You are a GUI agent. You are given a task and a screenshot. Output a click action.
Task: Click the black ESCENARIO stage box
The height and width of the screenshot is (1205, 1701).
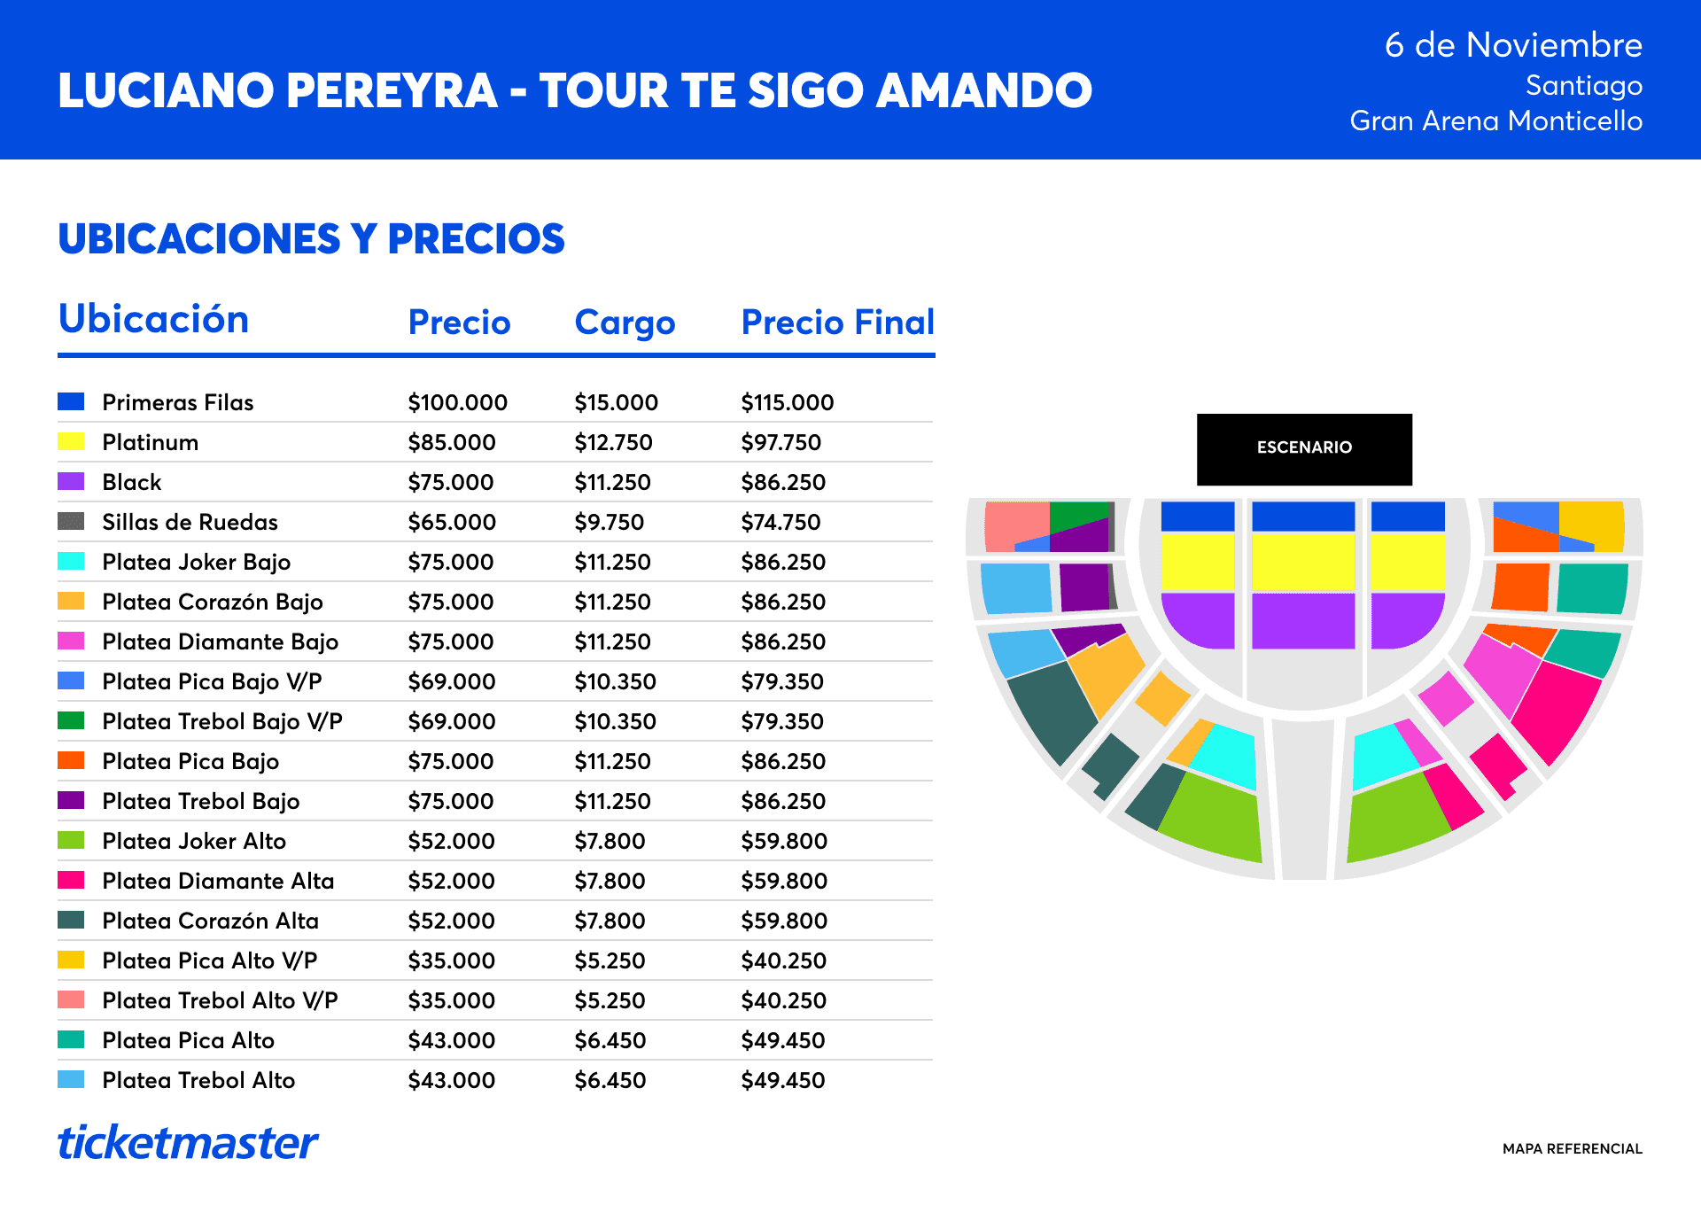(1304, 449)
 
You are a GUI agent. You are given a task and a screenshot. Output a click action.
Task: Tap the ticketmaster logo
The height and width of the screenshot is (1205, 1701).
(188, 1143)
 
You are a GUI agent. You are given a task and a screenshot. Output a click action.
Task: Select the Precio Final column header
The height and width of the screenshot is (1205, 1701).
(838, 323)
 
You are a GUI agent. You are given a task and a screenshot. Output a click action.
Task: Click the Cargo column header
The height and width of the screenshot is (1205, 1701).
(625, 323)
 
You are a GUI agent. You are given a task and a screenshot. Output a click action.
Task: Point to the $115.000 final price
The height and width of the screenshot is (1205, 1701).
(788, 402)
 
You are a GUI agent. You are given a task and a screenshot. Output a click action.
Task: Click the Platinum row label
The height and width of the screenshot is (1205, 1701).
(151, 442)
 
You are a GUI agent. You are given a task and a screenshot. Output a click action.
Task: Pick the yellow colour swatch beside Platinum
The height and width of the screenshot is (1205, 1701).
(71, 441)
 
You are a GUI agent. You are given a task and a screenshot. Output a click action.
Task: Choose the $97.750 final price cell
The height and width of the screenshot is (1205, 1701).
(781, 442)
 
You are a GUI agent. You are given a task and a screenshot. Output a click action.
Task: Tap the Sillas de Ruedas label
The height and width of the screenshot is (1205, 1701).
(190, 522)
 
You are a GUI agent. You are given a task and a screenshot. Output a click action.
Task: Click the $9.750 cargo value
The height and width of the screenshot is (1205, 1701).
(610, 522)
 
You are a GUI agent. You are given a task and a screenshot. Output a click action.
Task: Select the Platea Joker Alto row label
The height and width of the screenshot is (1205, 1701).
(194, 841)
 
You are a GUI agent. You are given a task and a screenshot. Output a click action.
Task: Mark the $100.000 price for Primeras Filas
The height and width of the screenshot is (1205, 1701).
(458, 402)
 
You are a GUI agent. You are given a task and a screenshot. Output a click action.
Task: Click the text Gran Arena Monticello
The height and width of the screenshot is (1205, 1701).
(1496, 120)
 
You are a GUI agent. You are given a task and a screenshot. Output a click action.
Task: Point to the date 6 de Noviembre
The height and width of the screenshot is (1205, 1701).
(1514, 45)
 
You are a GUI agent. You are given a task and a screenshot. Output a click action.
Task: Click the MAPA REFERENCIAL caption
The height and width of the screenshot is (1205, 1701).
(1573, 1149)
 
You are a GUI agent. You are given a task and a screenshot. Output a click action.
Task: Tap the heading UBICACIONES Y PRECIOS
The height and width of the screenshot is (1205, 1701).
(311, 238)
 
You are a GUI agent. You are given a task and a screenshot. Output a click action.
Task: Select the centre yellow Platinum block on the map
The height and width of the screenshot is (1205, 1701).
(1303, 562)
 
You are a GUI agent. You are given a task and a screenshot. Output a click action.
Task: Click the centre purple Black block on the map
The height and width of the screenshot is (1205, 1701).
(1303, 621)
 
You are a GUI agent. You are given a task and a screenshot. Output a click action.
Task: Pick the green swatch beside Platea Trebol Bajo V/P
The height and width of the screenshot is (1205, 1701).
(71, 720)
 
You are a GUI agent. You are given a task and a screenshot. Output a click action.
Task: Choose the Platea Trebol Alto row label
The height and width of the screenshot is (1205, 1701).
(198, 1080)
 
